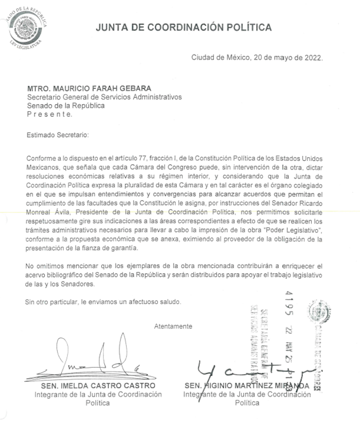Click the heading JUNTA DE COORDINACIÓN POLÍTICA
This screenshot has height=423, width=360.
coord(184,27)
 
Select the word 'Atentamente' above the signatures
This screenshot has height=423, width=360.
coord(173,326)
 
